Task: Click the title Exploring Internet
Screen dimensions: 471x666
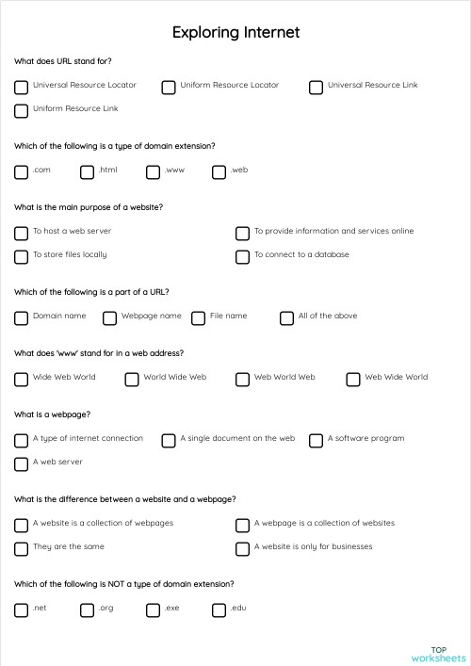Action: (x=235, y=33)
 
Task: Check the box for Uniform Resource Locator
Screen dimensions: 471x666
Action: (x=169, y=88)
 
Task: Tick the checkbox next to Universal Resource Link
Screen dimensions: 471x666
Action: (x=317, y=88)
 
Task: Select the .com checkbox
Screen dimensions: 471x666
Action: (x=22, y=172)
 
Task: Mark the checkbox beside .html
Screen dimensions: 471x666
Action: (x=88, y=172)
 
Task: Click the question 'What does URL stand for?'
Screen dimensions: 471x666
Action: (x=63, y=61)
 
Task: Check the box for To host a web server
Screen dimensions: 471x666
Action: (x=22, y=233)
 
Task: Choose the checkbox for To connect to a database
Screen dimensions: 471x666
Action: (x=243, y=256)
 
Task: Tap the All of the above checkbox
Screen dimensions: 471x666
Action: (x=287, y=318)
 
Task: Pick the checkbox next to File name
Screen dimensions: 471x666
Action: (x=199, y=318)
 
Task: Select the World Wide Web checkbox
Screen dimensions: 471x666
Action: (x=132, y=380)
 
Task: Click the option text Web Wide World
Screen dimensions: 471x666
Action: (x=396, y=377)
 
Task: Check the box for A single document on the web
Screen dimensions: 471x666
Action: (x=169, y=441)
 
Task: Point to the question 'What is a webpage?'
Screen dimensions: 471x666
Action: (x=53, y=414)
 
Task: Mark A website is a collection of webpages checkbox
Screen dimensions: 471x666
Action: (x=22, y=526)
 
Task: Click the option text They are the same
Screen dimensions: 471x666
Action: (x=69, y=546)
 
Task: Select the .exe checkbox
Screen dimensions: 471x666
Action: (x=154, y=610)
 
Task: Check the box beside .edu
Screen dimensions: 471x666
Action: (x=219, y=610)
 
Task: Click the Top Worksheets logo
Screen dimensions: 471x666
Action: (x=438, y=654)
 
